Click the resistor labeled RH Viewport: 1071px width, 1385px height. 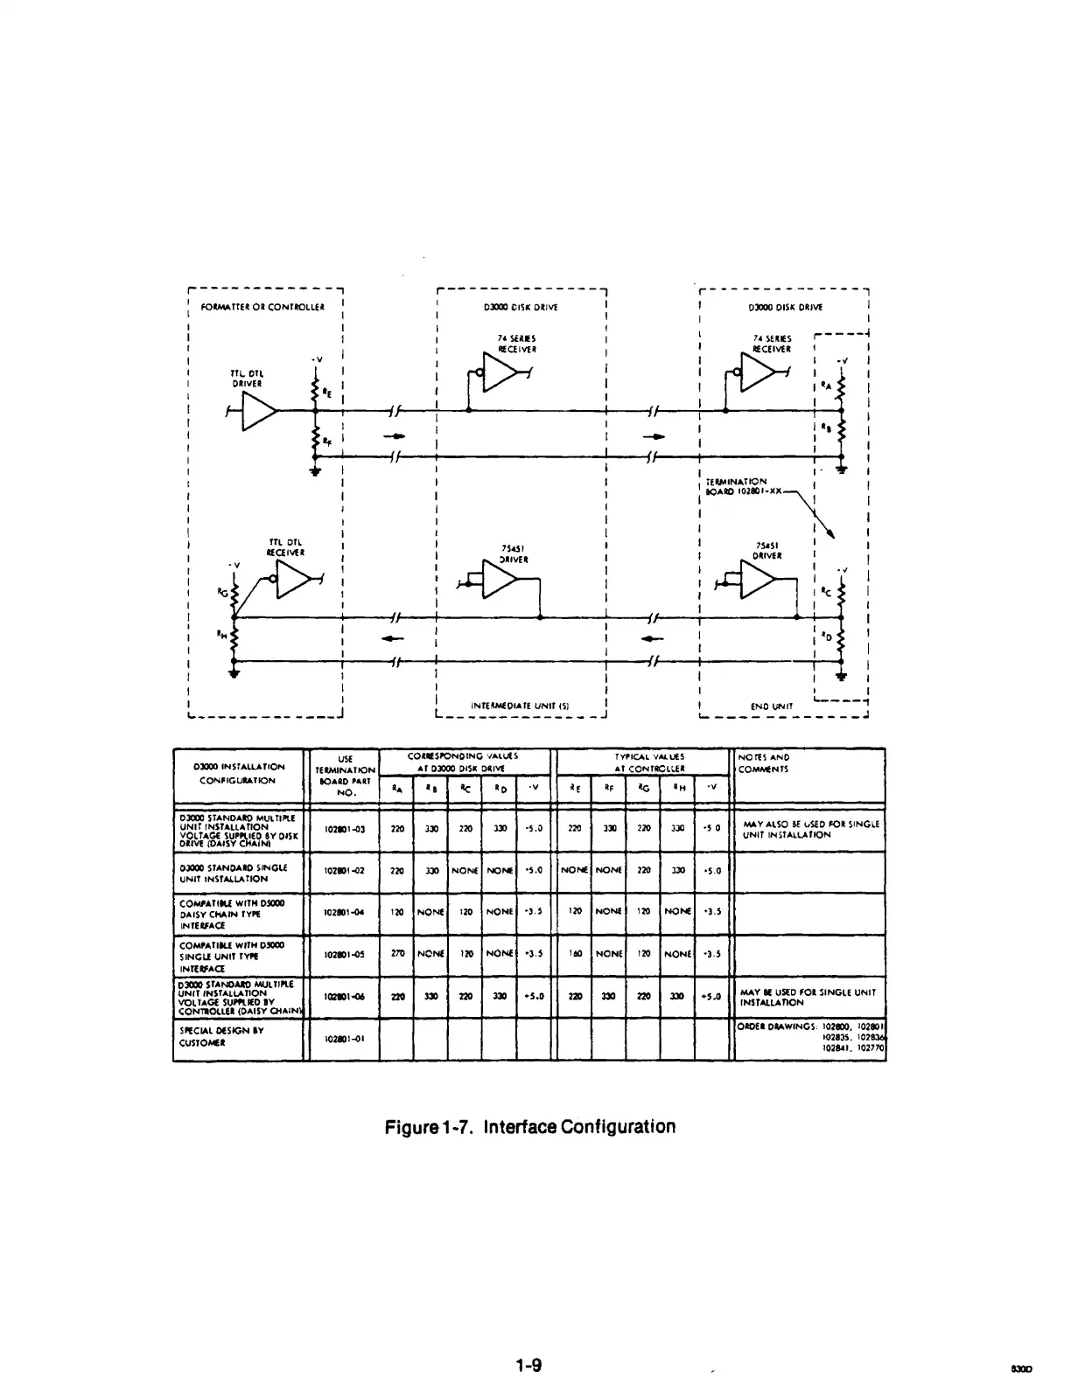tap(233, 643)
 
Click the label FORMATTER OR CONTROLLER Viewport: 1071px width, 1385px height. tap(262, 307)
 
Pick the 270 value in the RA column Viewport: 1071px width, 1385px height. tap(396, 955)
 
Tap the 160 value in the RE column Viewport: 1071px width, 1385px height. tap(575, 955)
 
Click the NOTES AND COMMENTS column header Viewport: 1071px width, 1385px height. tap(764, 763)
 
